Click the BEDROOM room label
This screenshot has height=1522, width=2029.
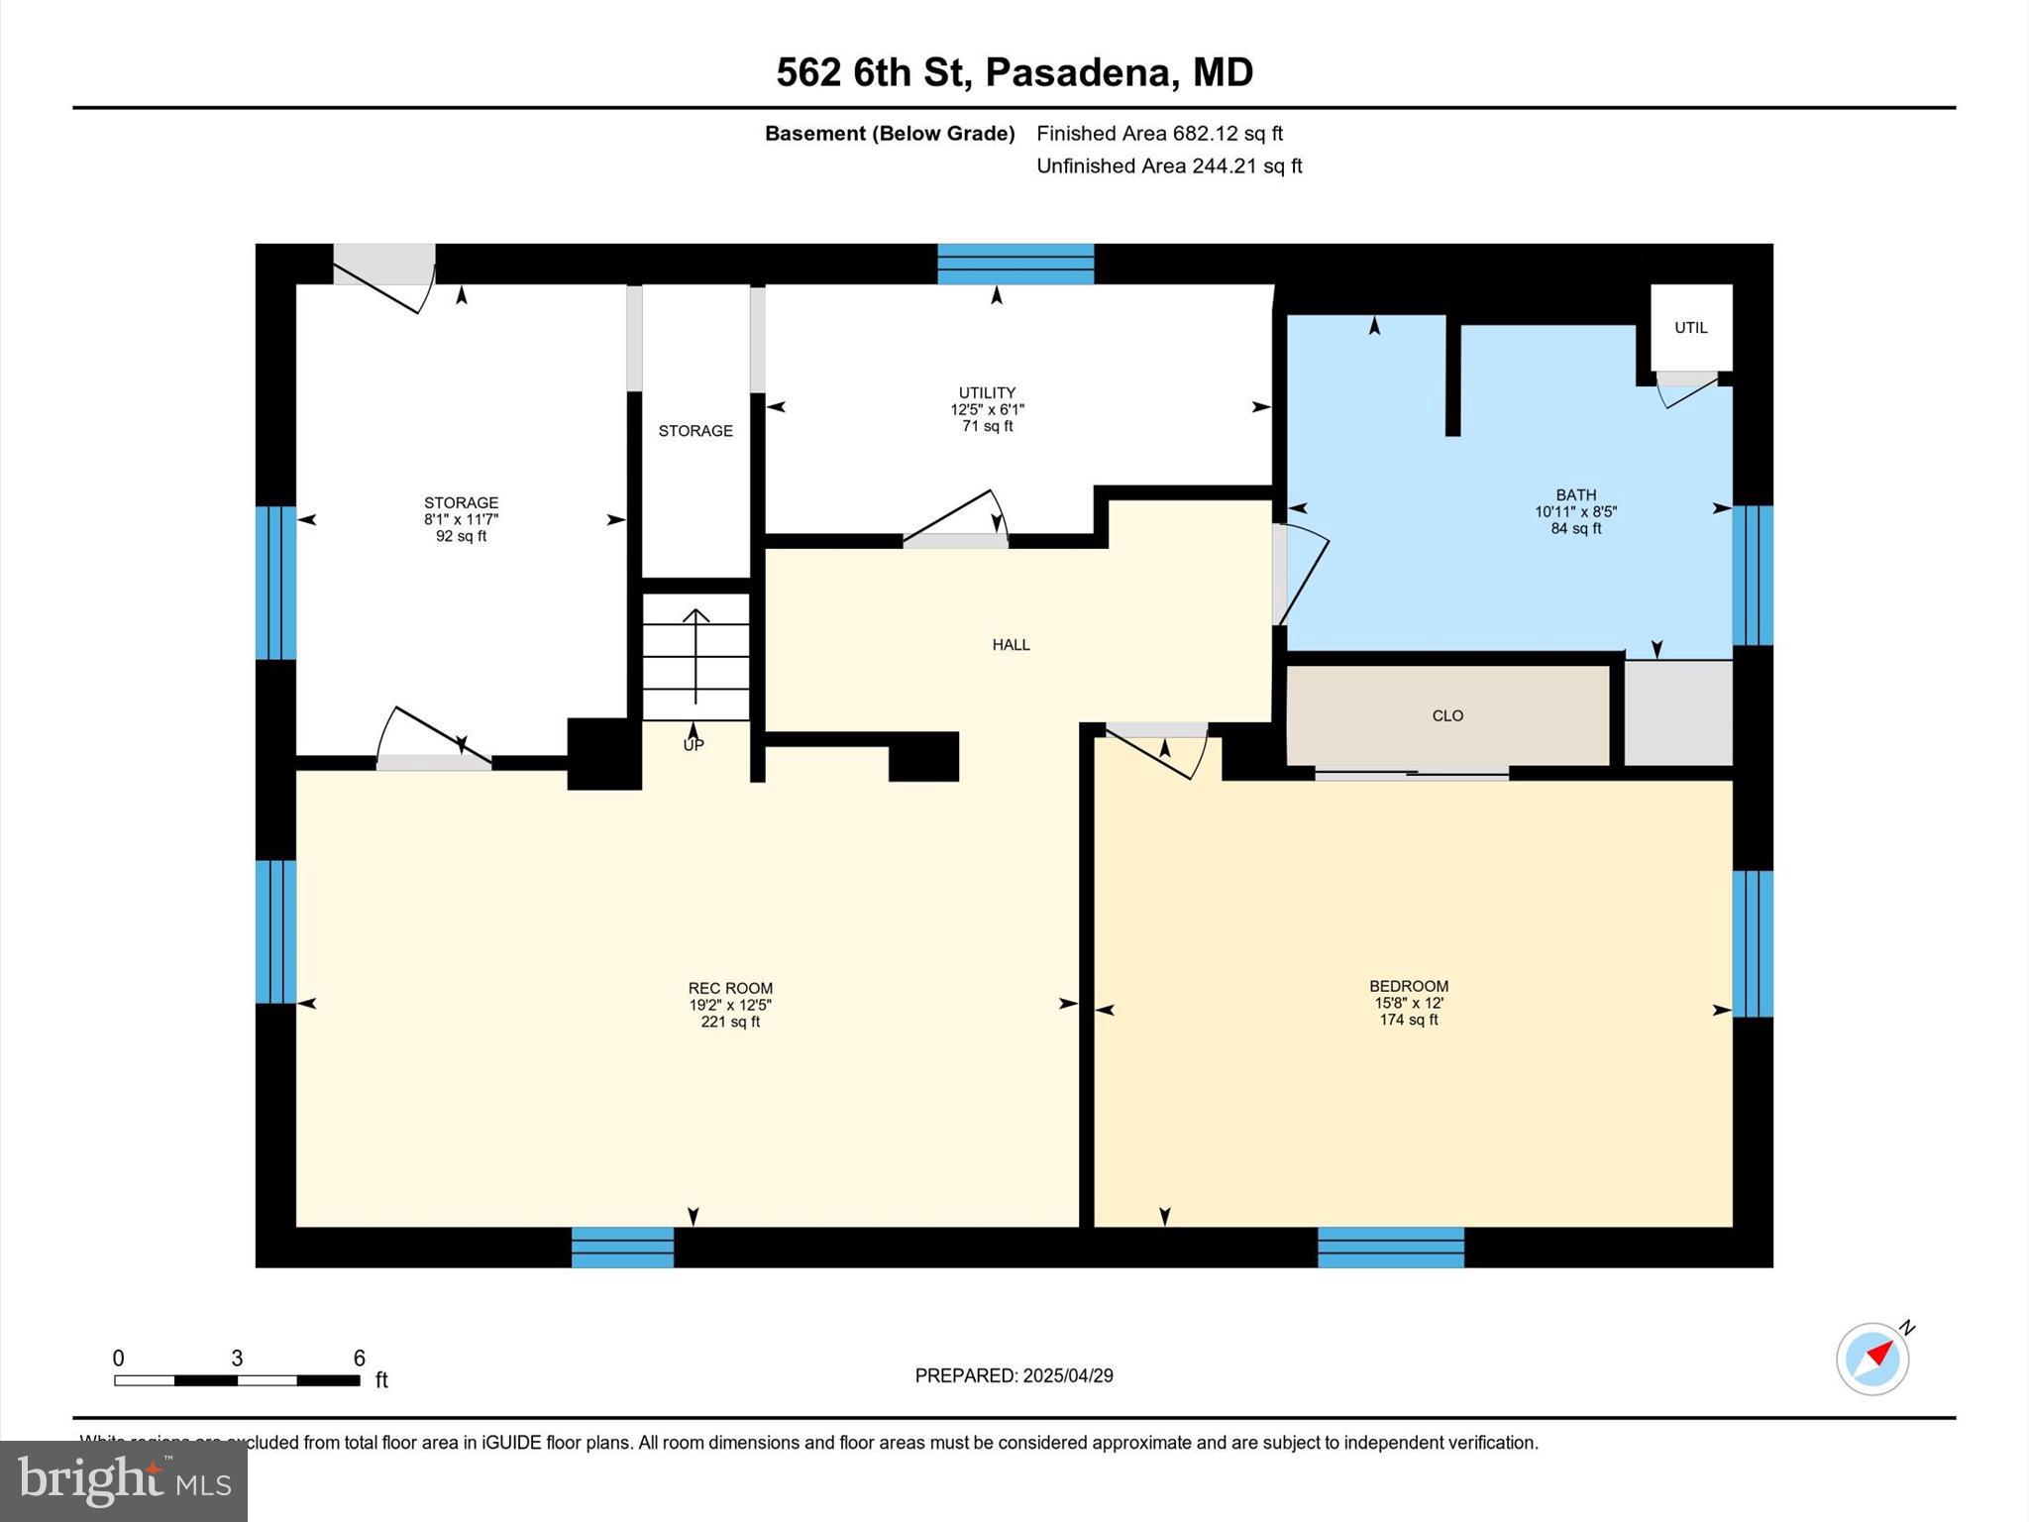click(1408, 986)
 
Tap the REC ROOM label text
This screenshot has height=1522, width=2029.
click(730, 988)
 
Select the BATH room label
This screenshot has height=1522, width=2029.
click(1575, 494)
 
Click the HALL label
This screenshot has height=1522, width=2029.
click(1011, 645)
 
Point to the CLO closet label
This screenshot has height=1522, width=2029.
click(1447, 715)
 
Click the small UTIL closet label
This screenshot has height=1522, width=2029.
click(1690, 328)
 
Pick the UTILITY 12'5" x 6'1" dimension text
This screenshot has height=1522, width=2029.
click(987, 409)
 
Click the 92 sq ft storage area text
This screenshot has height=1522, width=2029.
click(461, 536)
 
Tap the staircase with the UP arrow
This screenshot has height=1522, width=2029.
click(695, 658)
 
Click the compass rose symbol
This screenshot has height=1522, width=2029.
click(1872, 1359)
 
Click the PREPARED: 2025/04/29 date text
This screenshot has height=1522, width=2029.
click(1014, 1375)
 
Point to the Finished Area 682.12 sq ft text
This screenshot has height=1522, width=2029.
click(1159, 133)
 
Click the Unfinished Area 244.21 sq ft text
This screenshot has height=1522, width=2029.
click(1168, 165)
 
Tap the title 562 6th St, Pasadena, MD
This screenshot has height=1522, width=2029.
click(1014, 72)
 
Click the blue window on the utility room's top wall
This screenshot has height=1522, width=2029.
click(1015, 264)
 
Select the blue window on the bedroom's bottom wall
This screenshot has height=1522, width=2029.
click(1390, 1247)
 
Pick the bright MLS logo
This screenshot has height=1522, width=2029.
click(124, 1480)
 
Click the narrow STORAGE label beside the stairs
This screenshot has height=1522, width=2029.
click(695, 431)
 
